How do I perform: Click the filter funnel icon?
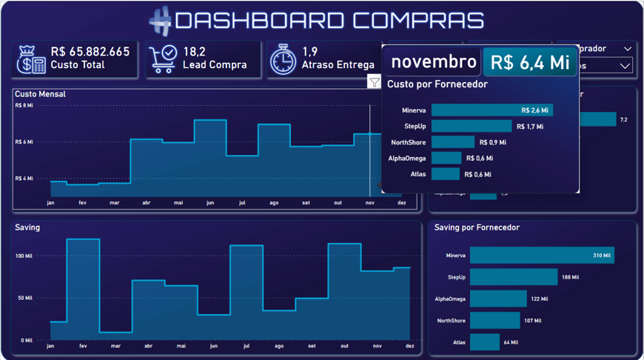[x=375, y=82]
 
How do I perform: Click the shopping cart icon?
[x=162, y=59]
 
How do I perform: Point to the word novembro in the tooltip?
[x=434, y=62]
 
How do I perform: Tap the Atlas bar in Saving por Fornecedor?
[x=484, y=342]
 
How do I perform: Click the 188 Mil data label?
[x=571, y=278]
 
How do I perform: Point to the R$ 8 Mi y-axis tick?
[x=24, y=106]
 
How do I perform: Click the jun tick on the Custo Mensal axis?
[x=210, y=203]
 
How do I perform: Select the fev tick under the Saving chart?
[x=83, y=346]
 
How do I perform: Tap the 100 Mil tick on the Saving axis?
[x=24, y=256]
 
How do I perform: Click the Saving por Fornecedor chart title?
[x=477, y=227]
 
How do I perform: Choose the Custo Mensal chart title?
[x=40, y=94]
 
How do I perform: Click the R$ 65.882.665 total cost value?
[x=90, y=52]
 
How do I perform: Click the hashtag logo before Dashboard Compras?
[x=160, y=21]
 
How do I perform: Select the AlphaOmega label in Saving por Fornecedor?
[x=450, y=299]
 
